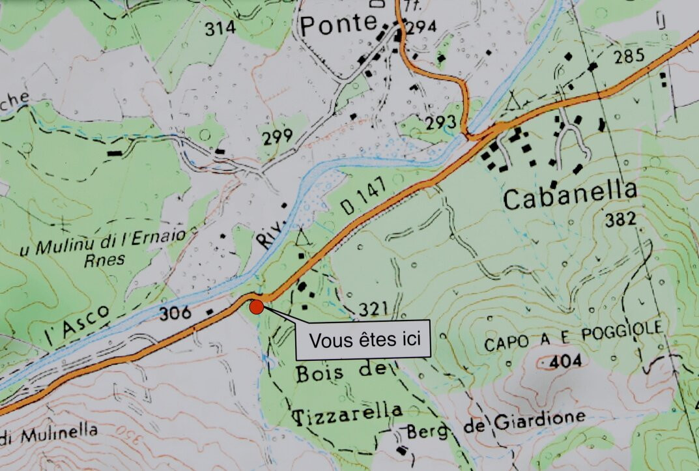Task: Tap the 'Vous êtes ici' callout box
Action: click(x=364, y=339)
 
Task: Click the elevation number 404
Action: click(x=565, y=361)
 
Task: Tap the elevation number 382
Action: click(x=620, y=220)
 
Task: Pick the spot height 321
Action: click(x=374, y=307)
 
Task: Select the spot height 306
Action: click(x=176, y=313)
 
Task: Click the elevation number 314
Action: click(x=220, y=29)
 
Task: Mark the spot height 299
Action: click(x=277, y=136)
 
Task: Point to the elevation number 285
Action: click(x=629, y=56)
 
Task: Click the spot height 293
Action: click(x=441, y=122)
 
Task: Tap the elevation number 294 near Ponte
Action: click(x=420, y=28)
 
